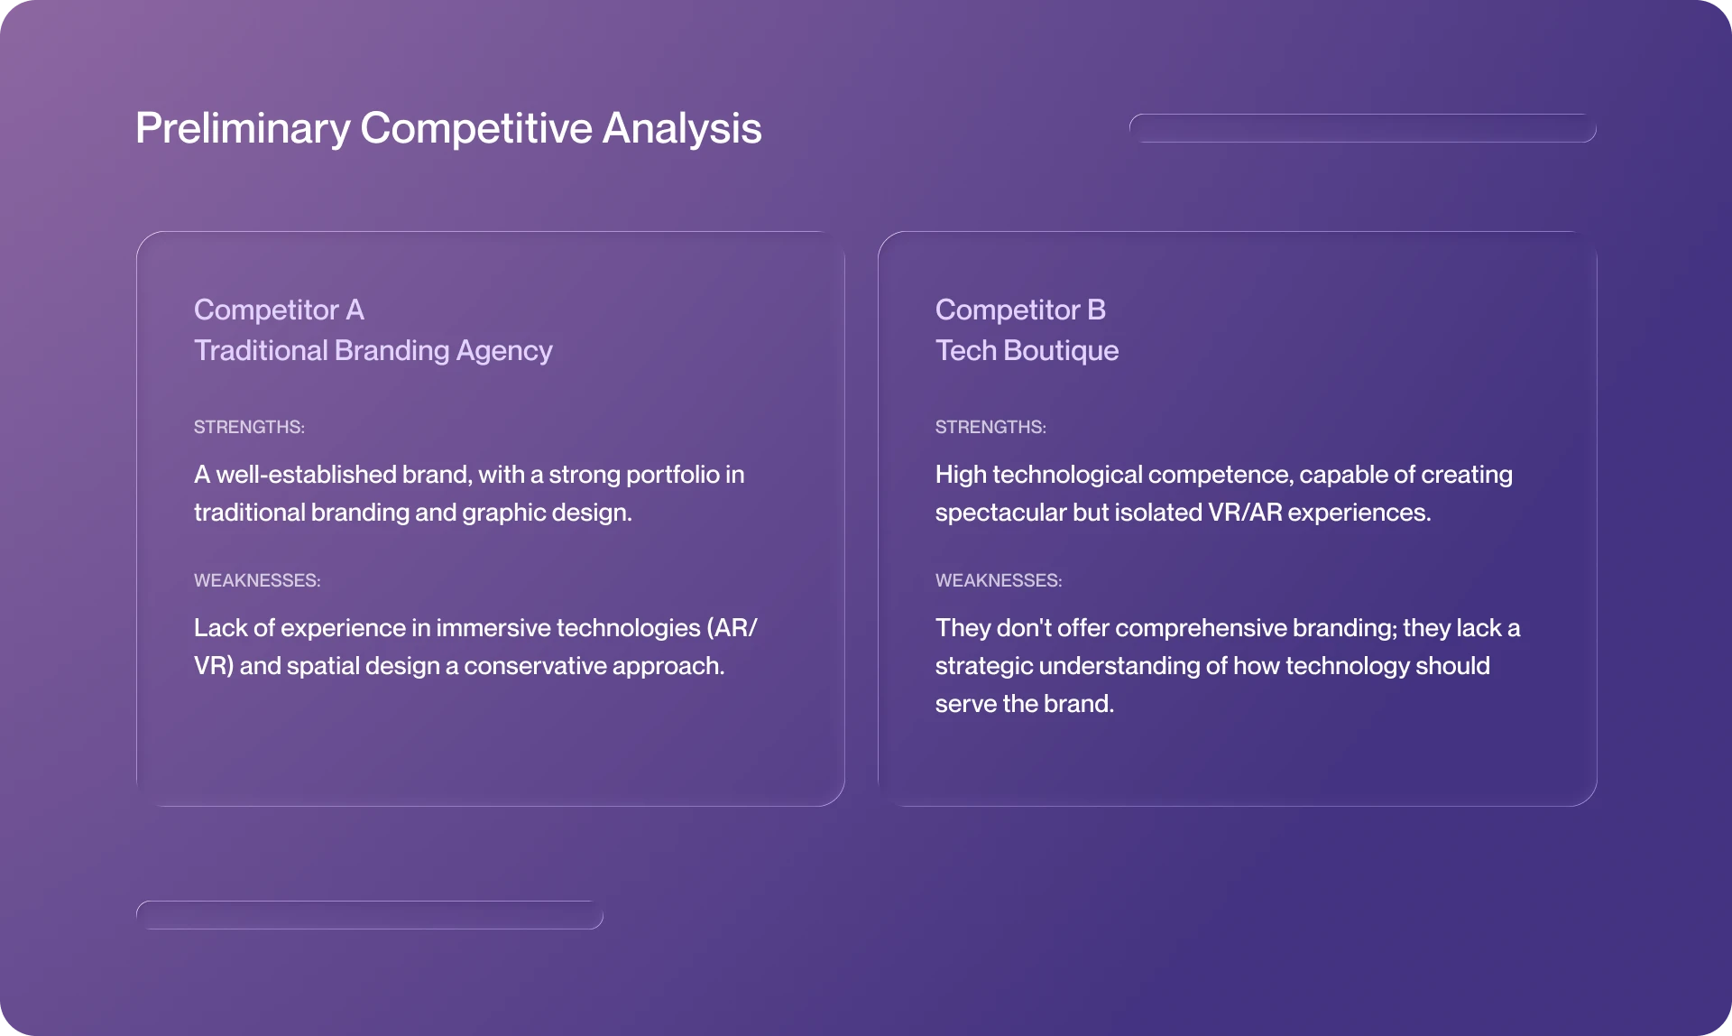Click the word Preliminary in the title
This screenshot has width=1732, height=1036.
[242, 128]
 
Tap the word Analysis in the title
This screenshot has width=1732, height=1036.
[682, 128]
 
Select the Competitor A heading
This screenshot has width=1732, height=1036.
[279, 310]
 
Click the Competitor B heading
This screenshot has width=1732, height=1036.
[1020, 310]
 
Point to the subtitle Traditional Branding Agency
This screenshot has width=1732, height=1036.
[373, 350]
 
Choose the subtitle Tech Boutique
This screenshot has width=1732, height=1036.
[1027, 350]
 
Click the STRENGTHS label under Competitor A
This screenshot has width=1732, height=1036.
[249, 427]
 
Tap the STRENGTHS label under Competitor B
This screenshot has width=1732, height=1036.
[990, 427]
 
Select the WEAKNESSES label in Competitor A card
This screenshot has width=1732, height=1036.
[257, 580]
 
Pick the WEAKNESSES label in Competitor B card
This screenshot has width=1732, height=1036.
[999, 580]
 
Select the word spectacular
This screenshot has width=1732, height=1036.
[1000, 513]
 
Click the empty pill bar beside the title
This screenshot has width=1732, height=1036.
[1362, 128]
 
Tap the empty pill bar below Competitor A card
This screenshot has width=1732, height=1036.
[369, 915]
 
